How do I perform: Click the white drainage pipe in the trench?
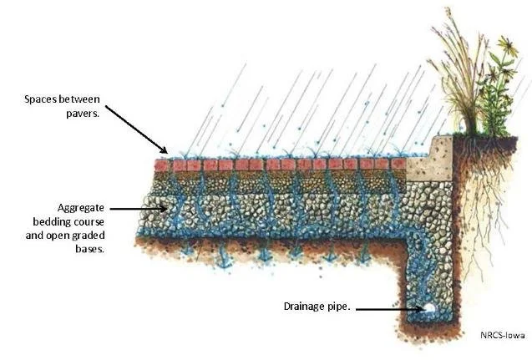click(x=428, y=307)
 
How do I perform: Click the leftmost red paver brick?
click(x=162, y=165)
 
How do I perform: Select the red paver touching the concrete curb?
click(x=399, y=164)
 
